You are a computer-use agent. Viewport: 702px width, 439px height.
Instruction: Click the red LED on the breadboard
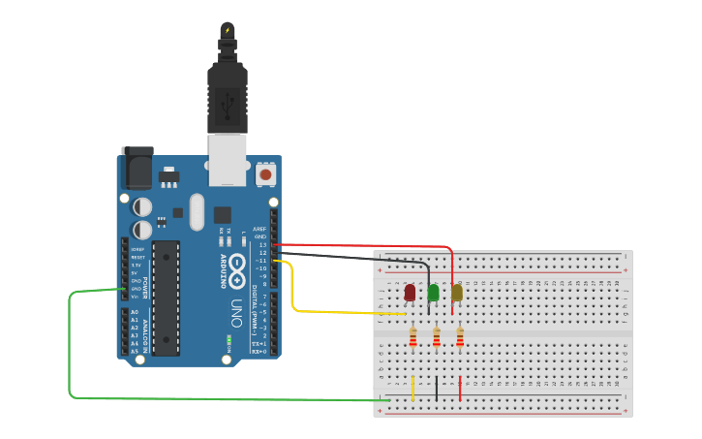click(410, 292)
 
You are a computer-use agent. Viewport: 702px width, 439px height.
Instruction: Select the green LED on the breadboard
click(433, 292)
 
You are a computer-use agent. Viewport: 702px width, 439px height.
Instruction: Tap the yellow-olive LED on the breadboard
click(457, 292)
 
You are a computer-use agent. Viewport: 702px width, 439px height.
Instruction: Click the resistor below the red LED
click(412, 337)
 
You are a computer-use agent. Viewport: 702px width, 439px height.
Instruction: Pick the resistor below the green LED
click(436, 337)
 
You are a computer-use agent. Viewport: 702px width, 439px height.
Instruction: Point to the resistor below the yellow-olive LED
click(460, 337)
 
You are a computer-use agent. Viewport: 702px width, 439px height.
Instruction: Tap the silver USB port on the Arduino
click(228, 160)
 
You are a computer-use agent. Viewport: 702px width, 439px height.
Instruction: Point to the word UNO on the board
click(235, 312)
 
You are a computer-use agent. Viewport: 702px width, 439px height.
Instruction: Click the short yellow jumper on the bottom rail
click(412, 389)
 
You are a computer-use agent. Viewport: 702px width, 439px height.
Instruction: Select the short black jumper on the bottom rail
click(436, 389)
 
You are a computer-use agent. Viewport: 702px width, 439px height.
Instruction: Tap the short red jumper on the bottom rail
click(460, 389)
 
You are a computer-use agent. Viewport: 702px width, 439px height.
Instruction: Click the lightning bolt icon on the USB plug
click(228, 31)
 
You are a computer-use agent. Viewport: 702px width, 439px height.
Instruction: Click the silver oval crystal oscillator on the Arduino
click(198, 211)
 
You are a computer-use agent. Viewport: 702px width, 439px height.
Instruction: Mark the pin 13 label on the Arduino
click(262, 245)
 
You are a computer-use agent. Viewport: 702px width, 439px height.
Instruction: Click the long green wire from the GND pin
click(71, 349)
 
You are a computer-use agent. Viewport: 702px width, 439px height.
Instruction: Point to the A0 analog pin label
click(134, 312)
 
